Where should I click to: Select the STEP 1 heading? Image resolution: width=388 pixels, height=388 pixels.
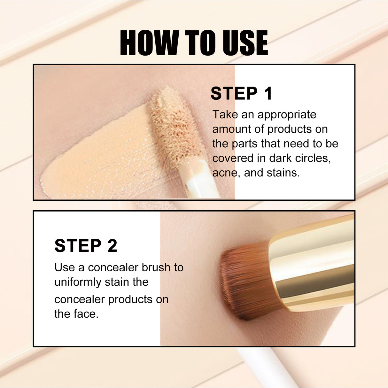pyautogui.click(x=241, y=94)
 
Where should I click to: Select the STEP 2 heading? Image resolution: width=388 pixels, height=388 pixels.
pyautogui.click(x=86, y=246)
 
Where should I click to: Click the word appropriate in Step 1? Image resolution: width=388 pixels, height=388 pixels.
pyautogui.click(x=287, y=114)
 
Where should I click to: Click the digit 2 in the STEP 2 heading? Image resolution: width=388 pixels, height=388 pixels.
pyautogui.click(x=112, y=246)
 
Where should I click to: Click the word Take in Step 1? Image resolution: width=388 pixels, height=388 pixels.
pyautogui.click(x=225, y=114)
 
